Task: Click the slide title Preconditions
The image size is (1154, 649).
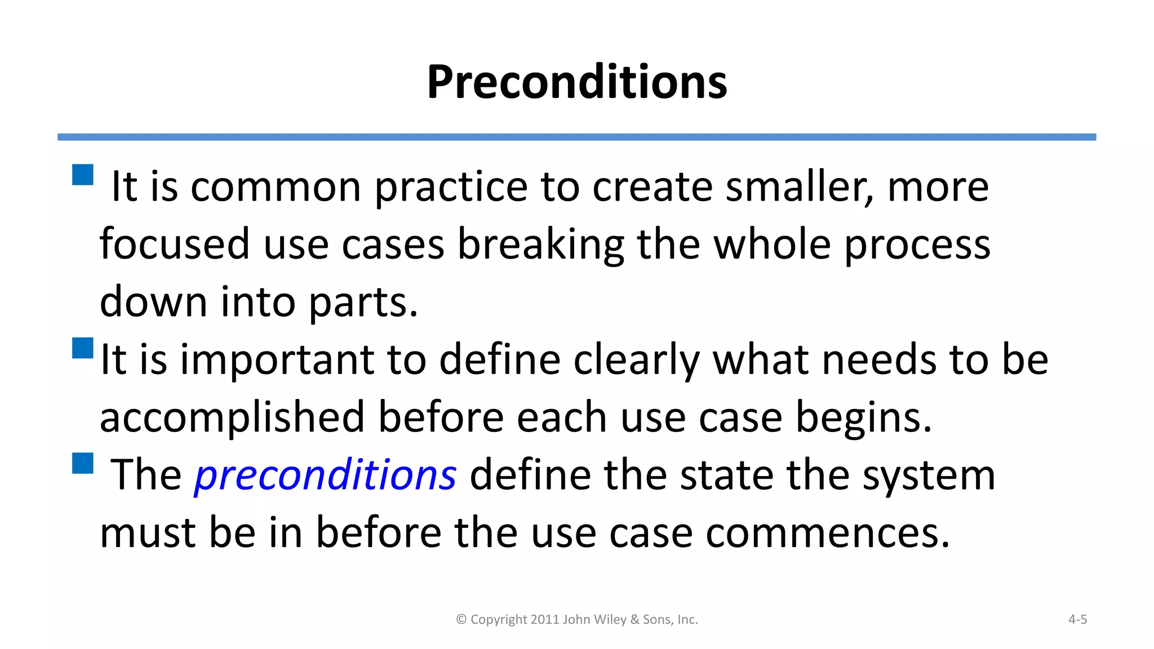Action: (576, 82)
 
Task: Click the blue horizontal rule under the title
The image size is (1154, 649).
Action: (576, 137)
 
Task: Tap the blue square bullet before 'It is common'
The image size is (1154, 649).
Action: (83, 175)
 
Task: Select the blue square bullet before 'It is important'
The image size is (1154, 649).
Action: (83, 348)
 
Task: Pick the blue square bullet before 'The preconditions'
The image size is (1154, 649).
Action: (83, 463)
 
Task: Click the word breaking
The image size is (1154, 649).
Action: (540, 246)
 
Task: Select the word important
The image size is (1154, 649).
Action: (277, 361)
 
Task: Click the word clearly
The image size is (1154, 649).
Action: (636, 361)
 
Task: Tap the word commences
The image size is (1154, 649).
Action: (827, 534)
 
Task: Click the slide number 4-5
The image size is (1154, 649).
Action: (1077, 620)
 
